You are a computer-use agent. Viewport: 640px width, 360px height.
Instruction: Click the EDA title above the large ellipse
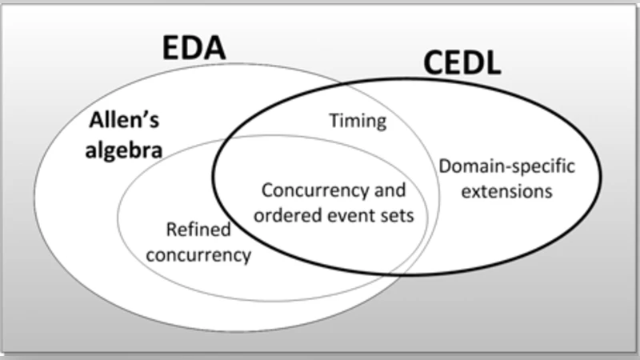coord(194,49)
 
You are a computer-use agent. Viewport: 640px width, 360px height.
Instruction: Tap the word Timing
coord(358,122)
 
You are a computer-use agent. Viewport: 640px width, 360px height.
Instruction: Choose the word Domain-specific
coord(507,168)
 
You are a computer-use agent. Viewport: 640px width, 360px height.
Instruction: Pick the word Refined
coord(198,230)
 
